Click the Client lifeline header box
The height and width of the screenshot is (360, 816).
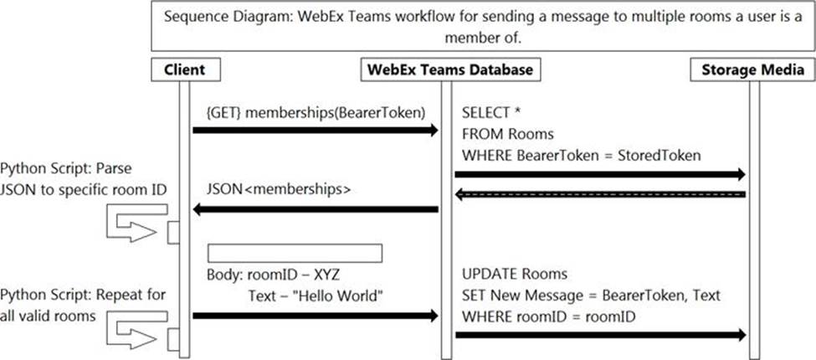point(185,69)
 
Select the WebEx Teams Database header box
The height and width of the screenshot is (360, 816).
point(450,69)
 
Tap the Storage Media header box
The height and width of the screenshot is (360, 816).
point(752,69)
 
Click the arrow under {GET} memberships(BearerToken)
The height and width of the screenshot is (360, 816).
point(316,130)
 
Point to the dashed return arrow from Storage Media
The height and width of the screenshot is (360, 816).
point(600,194)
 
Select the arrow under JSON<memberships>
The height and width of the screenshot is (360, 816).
point(316,209)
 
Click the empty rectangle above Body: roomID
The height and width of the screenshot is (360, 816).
point(295,254)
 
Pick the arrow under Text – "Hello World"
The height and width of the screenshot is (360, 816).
point(316,316)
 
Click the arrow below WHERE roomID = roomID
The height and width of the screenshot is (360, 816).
point(600,335)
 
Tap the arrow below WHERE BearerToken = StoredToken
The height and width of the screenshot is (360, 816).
point(600,174)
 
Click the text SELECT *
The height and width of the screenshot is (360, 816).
point(491,113)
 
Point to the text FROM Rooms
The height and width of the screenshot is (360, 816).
point(507,134)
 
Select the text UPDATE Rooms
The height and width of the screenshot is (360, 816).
point(515,274)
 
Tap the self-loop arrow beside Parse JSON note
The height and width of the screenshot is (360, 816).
point(137,224)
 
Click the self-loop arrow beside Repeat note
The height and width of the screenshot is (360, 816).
point(137,331)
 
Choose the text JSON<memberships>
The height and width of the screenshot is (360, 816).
point(279,190)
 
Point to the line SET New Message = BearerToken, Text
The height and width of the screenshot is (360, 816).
point(591,296)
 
